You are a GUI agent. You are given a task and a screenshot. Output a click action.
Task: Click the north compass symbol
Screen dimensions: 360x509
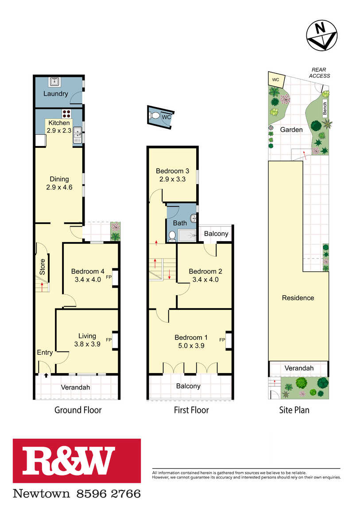(x=321, y=35)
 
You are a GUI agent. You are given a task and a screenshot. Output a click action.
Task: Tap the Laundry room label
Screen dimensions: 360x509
(x=55, y=94)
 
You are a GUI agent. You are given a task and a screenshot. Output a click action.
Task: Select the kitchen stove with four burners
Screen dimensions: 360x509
(x=66, y=113)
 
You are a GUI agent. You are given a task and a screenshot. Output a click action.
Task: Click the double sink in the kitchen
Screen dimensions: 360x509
(x=77, y=135)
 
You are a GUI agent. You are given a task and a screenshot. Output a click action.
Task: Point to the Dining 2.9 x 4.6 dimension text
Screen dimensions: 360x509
(x=59, y=187)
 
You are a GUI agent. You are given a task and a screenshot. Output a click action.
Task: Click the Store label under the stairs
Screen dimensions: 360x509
(x=42, y=267)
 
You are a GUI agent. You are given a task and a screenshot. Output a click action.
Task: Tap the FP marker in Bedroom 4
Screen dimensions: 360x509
(x=109, y=277)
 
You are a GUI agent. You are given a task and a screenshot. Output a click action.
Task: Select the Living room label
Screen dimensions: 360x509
(x=87, y=336)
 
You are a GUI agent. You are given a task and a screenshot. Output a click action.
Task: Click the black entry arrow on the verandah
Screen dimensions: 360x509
(x=46, y=375)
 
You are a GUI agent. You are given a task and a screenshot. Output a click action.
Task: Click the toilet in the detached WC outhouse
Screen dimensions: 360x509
(x=155, y=115)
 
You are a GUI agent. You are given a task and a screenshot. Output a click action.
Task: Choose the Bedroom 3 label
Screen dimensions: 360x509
(x=172, y=171)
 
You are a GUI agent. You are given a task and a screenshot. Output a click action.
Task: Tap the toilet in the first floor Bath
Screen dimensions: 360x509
(x=172, y=235)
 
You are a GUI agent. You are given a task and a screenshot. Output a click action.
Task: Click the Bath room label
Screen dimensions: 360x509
(x=180, y=223)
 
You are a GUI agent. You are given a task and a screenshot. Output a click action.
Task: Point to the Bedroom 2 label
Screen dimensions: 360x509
(x=205, y=271)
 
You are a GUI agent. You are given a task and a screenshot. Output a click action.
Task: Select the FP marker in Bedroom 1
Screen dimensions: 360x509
(x=222, y=340)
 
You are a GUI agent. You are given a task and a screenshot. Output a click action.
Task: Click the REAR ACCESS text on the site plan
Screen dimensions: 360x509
(x=319, y=73)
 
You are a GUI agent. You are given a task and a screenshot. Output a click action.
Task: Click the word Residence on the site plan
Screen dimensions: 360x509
(x=298, y=298)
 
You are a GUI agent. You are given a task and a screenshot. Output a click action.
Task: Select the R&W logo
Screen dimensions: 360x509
(x=77, y=461)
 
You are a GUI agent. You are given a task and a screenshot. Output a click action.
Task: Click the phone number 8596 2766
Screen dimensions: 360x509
(x=109, y=494)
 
